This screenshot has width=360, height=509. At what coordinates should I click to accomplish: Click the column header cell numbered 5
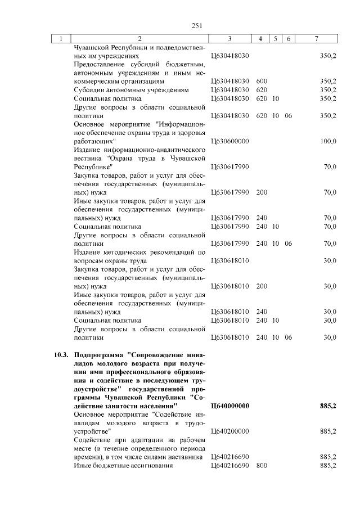tap(275, 39)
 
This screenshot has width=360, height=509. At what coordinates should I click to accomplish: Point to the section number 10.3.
tap(61, 355)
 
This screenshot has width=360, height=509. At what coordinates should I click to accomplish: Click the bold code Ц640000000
tap(230, 406)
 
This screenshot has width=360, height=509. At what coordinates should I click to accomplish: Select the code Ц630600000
tap(230, 141)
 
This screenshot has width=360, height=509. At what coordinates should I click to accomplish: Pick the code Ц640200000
tap(230, 431)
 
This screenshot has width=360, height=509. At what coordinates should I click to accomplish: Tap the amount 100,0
tap(328, 141)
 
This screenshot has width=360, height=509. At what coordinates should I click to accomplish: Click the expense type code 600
tap(262, 81)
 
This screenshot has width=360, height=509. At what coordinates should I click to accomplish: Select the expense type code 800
tap(262, 466)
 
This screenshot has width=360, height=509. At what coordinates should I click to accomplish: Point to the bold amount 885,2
tap(327, 406)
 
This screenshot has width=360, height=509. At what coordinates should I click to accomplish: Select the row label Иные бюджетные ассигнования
tap(123, 466)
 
